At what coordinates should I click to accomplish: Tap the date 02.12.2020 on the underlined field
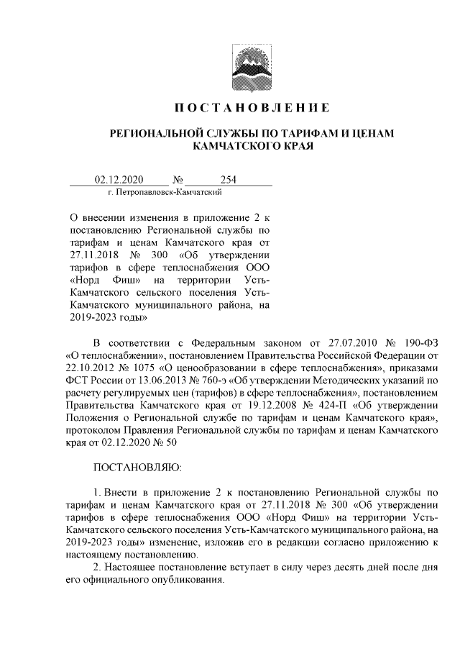[x=120, y=180]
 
